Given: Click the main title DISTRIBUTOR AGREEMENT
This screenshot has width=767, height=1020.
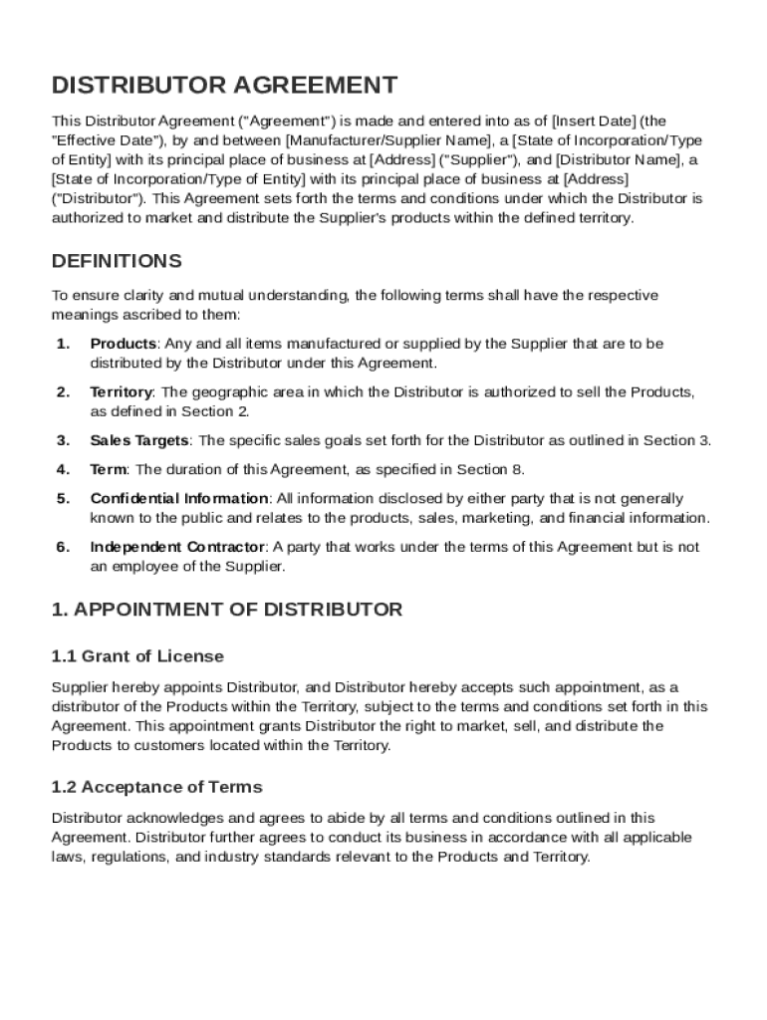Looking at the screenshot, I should [224, 85].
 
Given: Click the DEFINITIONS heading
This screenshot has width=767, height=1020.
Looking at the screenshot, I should [117, 261].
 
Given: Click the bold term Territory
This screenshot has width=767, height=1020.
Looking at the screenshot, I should [122, 392].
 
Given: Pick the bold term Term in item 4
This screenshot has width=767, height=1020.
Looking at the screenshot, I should [109, 469].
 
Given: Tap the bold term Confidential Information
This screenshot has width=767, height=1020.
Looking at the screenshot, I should [179, 498].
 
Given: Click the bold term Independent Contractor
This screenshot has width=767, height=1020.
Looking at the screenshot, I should [177, 547].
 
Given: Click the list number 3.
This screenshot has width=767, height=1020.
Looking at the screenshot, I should [63, 440].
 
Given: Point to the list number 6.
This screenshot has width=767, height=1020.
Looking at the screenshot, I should [63, 547].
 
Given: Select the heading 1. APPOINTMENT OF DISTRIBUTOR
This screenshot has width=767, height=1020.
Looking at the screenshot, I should [227, 609].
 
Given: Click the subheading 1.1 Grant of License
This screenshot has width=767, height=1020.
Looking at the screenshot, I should [137, 656].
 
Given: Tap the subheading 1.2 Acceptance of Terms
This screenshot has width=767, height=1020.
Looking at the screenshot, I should [156, 787].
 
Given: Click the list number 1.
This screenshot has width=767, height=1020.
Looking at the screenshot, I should [63, 344].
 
